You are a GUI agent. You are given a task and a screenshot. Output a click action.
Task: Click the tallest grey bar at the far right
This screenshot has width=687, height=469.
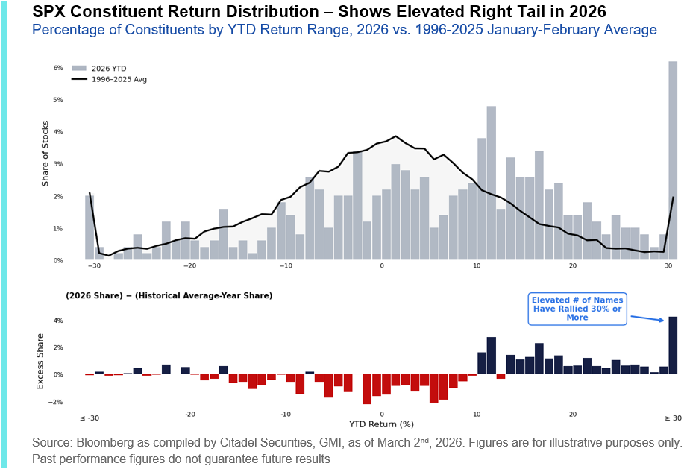[672, 160]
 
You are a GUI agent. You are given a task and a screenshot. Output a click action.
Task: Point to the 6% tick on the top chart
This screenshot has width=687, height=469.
[57, 68]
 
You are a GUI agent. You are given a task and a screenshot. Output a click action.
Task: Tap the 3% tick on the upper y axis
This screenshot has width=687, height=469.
[57, 164]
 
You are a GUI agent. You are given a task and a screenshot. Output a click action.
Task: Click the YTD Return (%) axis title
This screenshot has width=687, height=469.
[381, 424]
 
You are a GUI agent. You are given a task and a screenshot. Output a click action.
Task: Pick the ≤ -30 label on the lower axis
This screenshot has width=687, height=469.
[89, 418]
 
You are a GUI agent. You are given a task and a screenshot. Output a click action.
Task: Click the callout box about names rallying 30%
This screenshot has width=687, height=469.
[577, 308]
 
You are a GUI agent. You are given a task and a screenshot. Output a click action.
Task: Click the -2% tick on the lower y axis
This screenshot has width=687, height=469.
[57, 402]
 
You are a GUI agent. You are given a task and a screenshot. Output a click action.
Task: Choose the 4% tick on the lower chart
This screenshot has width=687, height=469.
[57, 321]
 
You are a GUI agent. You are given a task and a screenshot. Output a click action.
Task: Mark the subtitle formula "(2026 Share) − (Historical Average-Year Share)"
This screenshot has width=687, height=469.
[169, 296]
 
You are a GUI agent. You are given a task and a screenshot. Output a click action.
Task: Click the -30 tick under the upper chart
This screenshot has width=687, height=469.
[94, 266]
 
